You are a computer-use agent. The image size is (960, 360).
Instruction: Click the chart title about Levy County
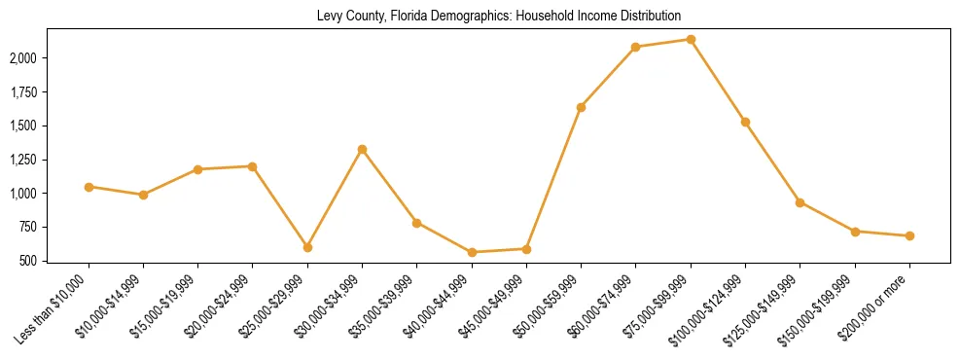[498, 17]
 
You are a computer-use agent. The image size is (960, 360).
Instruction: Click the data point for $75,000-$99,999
[691, 40]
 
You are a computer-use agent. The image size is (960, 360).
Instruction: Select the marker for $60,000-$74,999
[635, 47]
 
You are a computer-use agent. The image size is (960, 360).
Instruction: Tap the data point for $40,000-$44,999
[472, 252]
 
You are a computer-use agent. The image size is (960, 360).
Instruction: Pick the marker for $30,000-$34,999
[362, 150]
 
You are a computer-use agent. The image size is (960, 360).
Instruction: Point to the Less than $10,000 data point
[89, 187]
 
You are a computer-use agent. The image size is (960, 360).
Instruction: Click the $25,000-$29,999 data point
[307, 247]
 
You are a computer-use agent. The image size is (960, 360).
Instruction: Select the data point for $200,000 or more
[909, 235]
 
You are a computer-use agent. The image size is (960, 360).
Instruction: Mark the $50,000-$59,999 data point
[581, 107]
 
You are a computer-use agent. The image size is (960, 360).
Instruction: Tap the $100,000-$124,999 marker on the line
[745, 123]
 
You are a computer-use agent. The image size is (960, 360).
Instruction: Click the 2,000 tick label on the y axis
[49, 58]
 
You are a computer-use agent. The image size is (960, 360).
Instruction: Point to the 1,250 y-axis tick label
[49, 160]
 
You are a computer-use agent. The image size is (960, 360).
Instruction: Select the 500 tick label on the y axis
[56, 261]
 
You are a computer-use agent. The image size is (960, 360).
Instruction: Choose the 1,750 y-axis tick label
[49, 92]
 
